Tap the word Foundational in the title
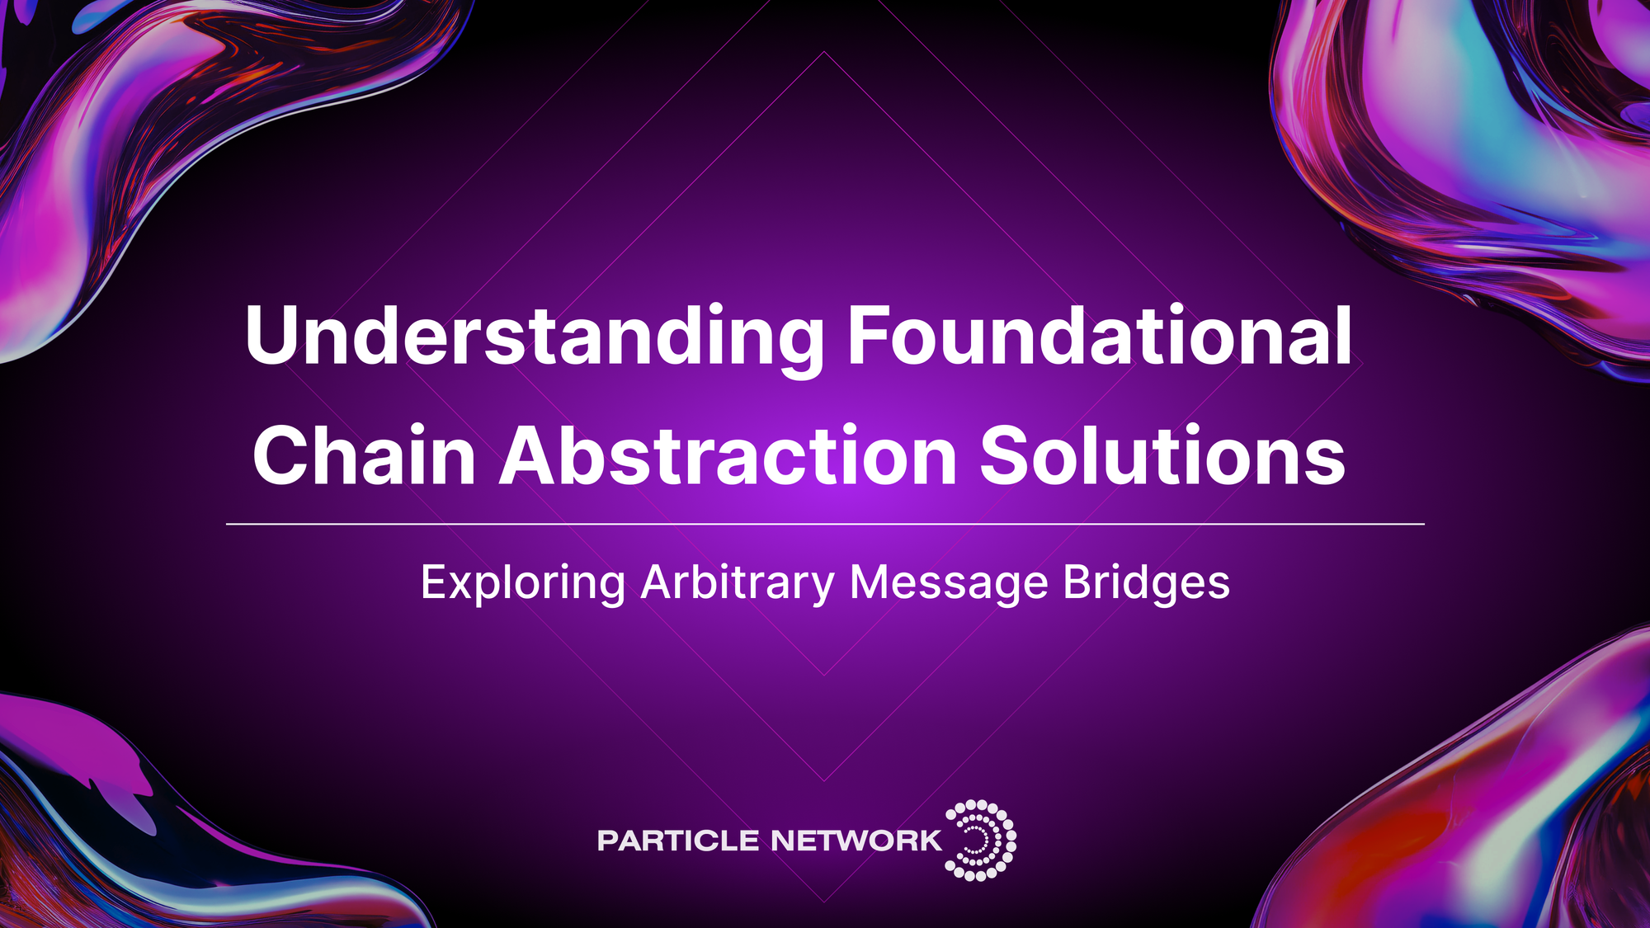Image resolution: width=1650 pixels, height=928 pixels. pos(1100,337)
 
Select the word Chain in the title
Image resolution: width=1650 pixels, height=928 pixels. pos(364,456)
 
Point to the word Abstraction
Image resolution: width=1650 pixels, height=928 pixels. pos(728,456)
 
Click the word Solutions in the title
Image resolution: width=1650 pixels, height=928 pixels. pos(1162,456)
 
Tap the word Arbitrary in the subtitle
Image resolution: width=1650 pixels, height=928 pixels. pos(738,584)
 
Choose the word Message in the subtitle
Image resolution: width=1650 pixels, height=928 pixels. pos(949,584)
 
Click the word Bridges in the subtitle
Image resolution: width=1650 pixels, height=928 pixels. pos(1146,582)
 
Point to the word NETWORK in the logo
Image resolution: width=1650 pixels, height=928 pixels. pos(856,841)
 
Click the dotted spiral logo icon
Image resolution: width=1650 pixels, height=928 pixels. pos(981,840)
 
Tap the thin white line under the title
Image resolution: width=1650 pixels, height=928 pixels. pos(825,524)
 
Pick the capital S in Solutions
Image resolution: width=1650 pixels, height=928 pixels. pos(1008,456)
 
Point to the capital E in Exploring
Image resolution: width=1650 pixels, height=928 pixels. pos(434,582)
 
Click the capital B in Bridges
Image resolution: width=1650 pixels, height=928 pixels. pos(1077,582)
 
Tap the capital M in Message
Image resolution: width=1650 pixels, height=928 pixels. pos(870,582)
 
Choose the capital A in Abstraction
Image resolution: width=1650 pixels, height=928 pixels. pos(533,456)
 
